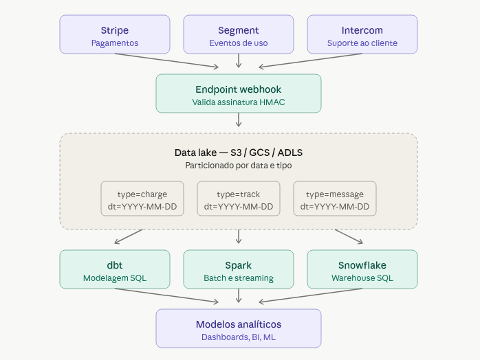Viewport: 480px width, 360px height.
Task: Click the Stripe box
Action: pyautogui.click(x=115, y=34)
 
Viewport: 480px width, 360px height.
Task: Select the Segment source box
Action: pyautogui.click(x=239, y=34)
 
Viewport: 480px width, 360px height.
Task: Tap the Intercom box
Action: pyautogui.click(x=362, y=34)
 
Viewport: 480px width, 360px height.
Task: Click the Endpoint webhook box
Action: pyautogui.click(x=239, y=93)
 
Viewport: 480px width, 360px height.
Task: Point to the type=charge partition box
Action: pyautogui.click(x=142, y=199)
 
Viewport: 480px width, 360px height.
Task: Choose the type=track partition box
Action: pyautogui.click(x=239, y=199)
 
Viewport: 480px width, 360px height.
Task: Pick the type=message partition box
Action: pyautogui.click(x=335, y=199)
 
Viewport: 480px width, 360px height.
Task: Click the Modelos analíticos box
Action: pyautogui.click(x=239, y=328)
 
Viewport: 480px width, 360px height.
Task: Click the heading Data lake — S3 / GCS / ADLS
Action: pyautogui.click(x=239, y=152)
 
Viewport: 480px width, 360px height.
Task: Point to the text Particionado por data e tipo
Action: pyautogui.click(x=239, y=166)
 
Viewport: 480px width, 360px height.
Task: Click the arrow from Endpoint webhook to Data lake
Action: pyautogui.click(x=239, y=120)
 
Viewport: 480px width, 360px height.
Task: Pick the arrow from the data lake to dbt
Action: pyautogui.click(x=129, y=236)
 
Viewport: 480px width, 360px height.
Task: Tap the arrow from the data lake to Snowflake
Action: pyautogui.click(x=349, y=236)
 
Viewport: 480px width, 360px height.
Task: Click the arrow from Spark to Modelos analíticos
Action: pyautogui.click(x=239, y=296)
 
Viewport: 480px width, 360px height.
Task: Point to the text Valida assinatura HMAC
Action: pyautogui.click(x=239, y=102)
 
